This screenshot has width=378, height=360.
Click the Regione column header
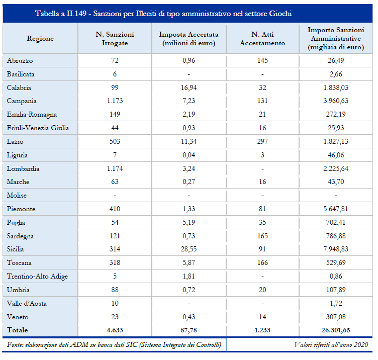tap(40, 39)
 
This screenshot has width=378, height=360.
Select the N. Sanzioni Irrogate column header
tap(115, 39)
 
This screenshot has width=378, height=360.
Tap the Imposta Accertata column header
tap(189, 39)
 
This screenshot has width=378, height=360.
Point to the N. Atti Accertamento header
tap(262, 39)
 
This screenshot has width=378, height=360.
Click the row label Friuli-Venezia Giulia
tap(38, 128)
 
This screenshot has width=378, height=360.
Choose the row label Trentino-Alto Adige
tap(37, 277)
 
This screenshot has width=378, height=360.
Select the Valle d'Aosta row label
tap(27, 303)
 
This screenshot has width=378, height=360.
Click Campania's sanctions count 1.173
tap(115, 101)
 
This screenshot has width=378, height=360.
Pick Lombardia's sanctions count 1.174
tap(115, 168)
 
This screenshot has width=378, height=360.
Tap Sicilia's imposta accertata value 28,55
tap(189, 249)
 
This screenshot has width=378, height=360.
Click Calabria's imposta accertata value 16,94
tap(189, 87)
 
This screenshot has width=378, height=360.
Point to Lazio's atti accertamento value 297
tap(262, 141)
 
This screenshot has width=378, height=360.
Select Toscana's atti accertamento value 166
tap(262, 262)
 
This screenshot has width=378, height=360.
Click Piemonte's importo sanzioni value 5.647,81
tap(336, 209)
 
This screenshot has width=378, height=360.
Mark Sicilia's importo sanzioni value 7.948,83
tap(336, 249)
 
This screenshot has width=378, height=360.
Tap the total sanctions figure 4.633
tap(115, 330)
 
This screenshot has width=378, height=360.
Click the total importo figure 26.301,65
tap(336, 330)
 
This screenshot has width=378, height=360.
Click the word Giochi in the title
tap(280, 14)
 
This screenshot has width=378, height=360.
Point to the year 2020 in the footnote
tap(361, 345)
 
